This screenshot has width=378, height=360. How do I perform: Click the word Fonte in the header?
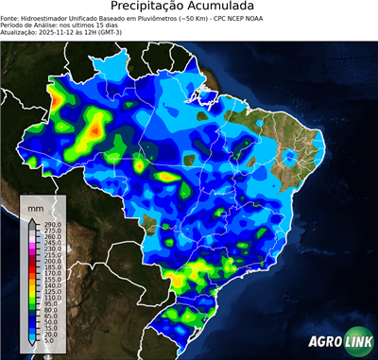[9, 17]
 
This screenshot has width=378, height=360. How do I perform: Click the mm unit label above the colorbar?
[36, 207]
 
